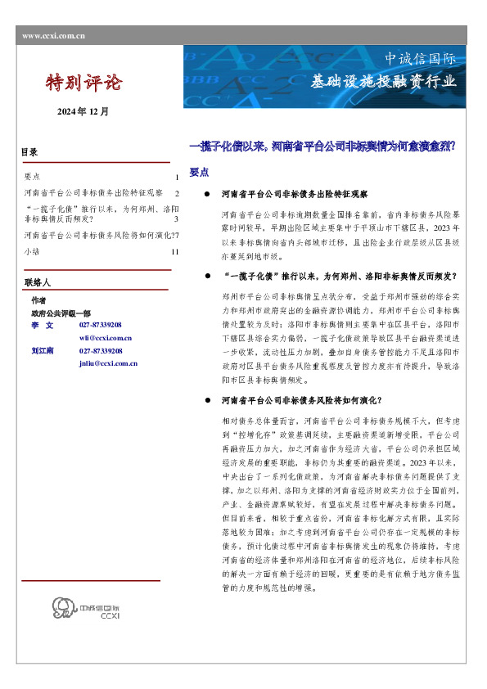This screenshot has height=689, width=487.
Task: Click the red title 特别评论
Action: coord(84,83)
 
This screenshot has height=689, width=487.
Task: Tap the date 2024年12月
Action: coord(83,111)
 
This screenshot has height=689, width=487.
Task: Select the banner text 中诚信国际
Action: coord(420,59)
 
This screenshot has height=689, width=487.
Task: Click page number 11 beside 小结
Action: coord(175,252)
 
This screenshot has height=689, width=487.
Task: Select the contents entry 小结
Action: coord(32,252)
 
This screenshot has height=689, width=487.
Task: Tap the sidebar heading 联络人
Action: coord(37,282)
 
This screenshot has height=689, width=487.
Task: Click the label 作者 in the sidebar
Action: coord(38,300)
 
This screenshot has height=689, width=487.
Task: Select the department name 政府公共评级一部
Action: coord(61,313)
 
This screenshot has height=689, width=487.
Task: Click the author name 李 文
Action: coord(42,325)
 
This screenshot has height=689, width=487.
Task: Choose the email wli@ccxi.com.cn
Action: coord(106,337)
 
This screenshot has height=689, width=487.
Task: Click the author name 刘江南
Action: coord(43,350)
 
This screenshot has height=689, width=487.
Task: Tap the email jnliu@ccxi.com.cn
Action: coord(108,363)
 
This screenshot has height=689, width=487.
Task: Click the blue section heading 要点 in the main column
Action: coord(199,173)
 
